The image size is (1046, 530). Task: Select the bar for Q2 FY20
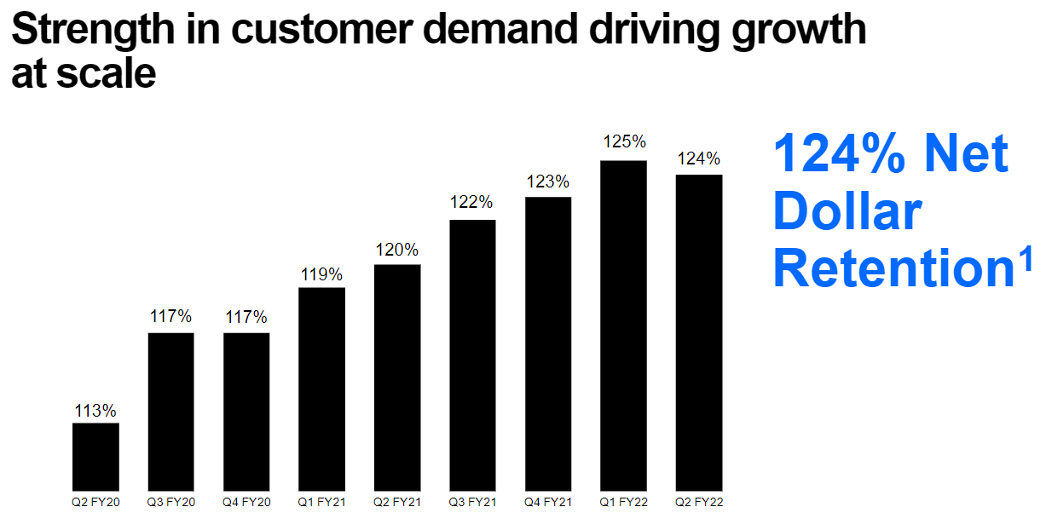(x=95, y=457)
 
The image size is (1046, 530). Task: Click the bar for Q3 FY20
(x=171, y=412)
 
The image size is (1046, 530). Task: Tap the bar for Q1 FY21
(x=321, y=389)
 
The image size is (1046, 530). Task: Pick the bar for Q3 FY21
(x=472, y=355)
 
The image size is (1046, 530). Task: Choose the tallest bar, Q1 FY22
(x=623, y=325)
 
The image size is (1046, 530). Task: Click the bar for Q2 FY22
(x=699, y=332)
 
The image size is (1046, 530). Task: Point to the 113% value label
(x=95, y=411)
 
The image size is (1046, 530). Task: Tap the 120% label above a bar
(x=397, y=251)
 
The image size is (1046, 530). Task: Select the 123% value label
(x=547, y=181)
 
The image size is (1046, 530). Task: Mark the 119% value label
(x=321, y=274)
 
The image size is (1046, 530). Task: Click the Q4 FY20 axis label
(x=246, y=502)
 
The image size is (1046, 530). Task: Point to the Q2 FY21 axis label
(x=397, y=502)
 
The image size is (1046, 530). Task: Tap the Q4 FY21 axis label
(x=547, y=502)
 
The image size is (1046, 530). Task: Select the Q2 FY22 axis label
(x=699, y=502)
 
